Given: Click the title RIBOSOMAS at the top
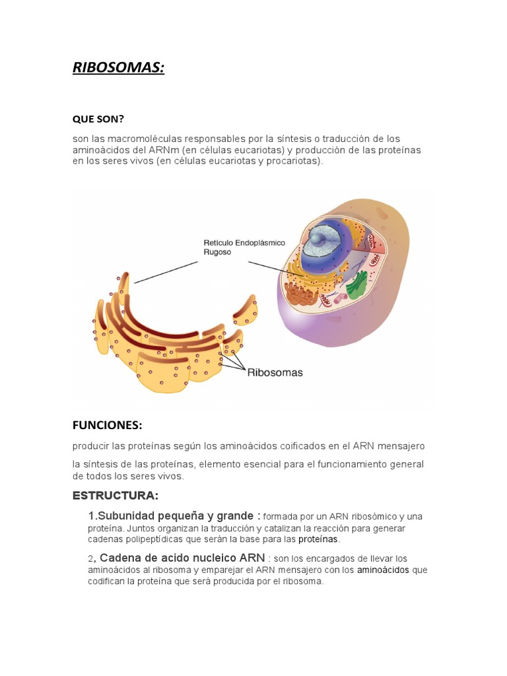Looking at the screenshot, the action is coord(118,67).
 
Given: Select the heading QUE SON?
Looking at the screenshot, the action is coord(98,119).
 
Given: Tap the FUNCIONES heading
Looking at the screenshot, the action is coord(107,424).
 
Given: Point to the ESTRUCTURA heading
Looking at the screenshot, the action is coord(115,495).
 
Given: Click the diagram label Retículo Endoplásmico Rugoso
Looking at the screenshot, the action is coord(244,248).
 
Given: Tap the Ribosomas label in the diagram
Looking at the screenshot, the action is coord(275,372).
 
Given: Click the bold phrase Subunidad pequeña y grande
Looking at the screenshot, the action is coord(174,516).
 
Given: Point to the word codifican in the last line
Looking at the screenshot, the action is coord(108,582).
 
